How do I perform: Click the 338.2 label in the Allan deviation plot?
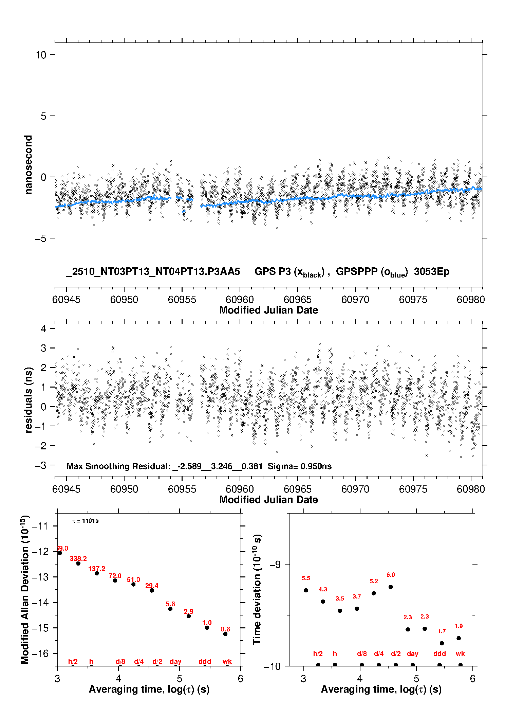(x=78, y=558)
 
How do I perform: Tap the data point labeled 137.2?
(x=97, y=573)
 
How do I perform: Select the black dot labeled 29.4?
(x=152, y=590)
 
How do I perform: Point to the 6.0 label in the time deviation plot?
(x=391, y=575)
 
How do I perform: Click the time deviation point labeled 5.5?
(x=306, y=590)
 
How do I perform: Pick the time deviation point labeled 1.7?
(x=442, y=643)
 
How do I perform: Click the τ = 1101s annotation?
(x=86, y=521)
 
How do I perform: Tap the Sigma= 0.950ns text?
(x=300, y=466)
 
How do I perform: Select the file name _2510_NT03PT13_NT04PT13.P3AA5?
(x=153, y=272)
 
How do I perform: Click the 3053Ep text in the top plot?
(x=432, y=272)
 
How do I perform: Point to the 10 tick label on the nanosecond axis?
(x=41, y=55)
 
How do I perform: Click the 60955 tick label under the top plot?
(x=182, y=300)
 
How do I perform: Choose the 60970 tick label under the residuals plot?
(x=355, y=489)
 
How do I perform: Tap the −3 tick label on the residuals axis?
(x=41, y=465)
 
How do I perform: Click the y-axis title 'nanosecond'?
(x=28, y=165)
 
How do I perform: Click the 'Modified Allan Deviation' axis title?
(x=25, y=590)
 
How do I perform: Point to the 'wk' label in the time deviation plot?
(x=460, y=654)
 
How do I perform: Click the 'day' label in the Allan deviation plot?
(x=175, y=661)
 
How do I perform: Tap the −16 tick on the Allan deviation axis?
(x=40, y=653)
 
